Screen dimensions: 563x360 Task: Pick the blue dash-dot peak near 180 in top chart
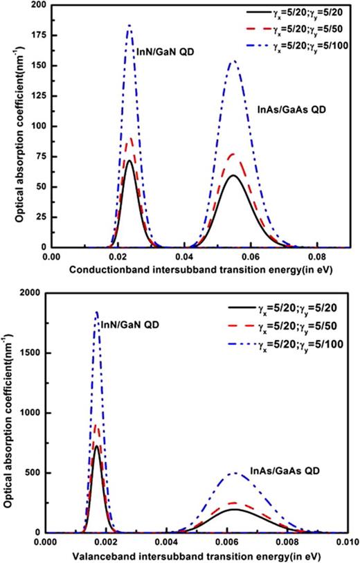[x=129, y=26]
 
